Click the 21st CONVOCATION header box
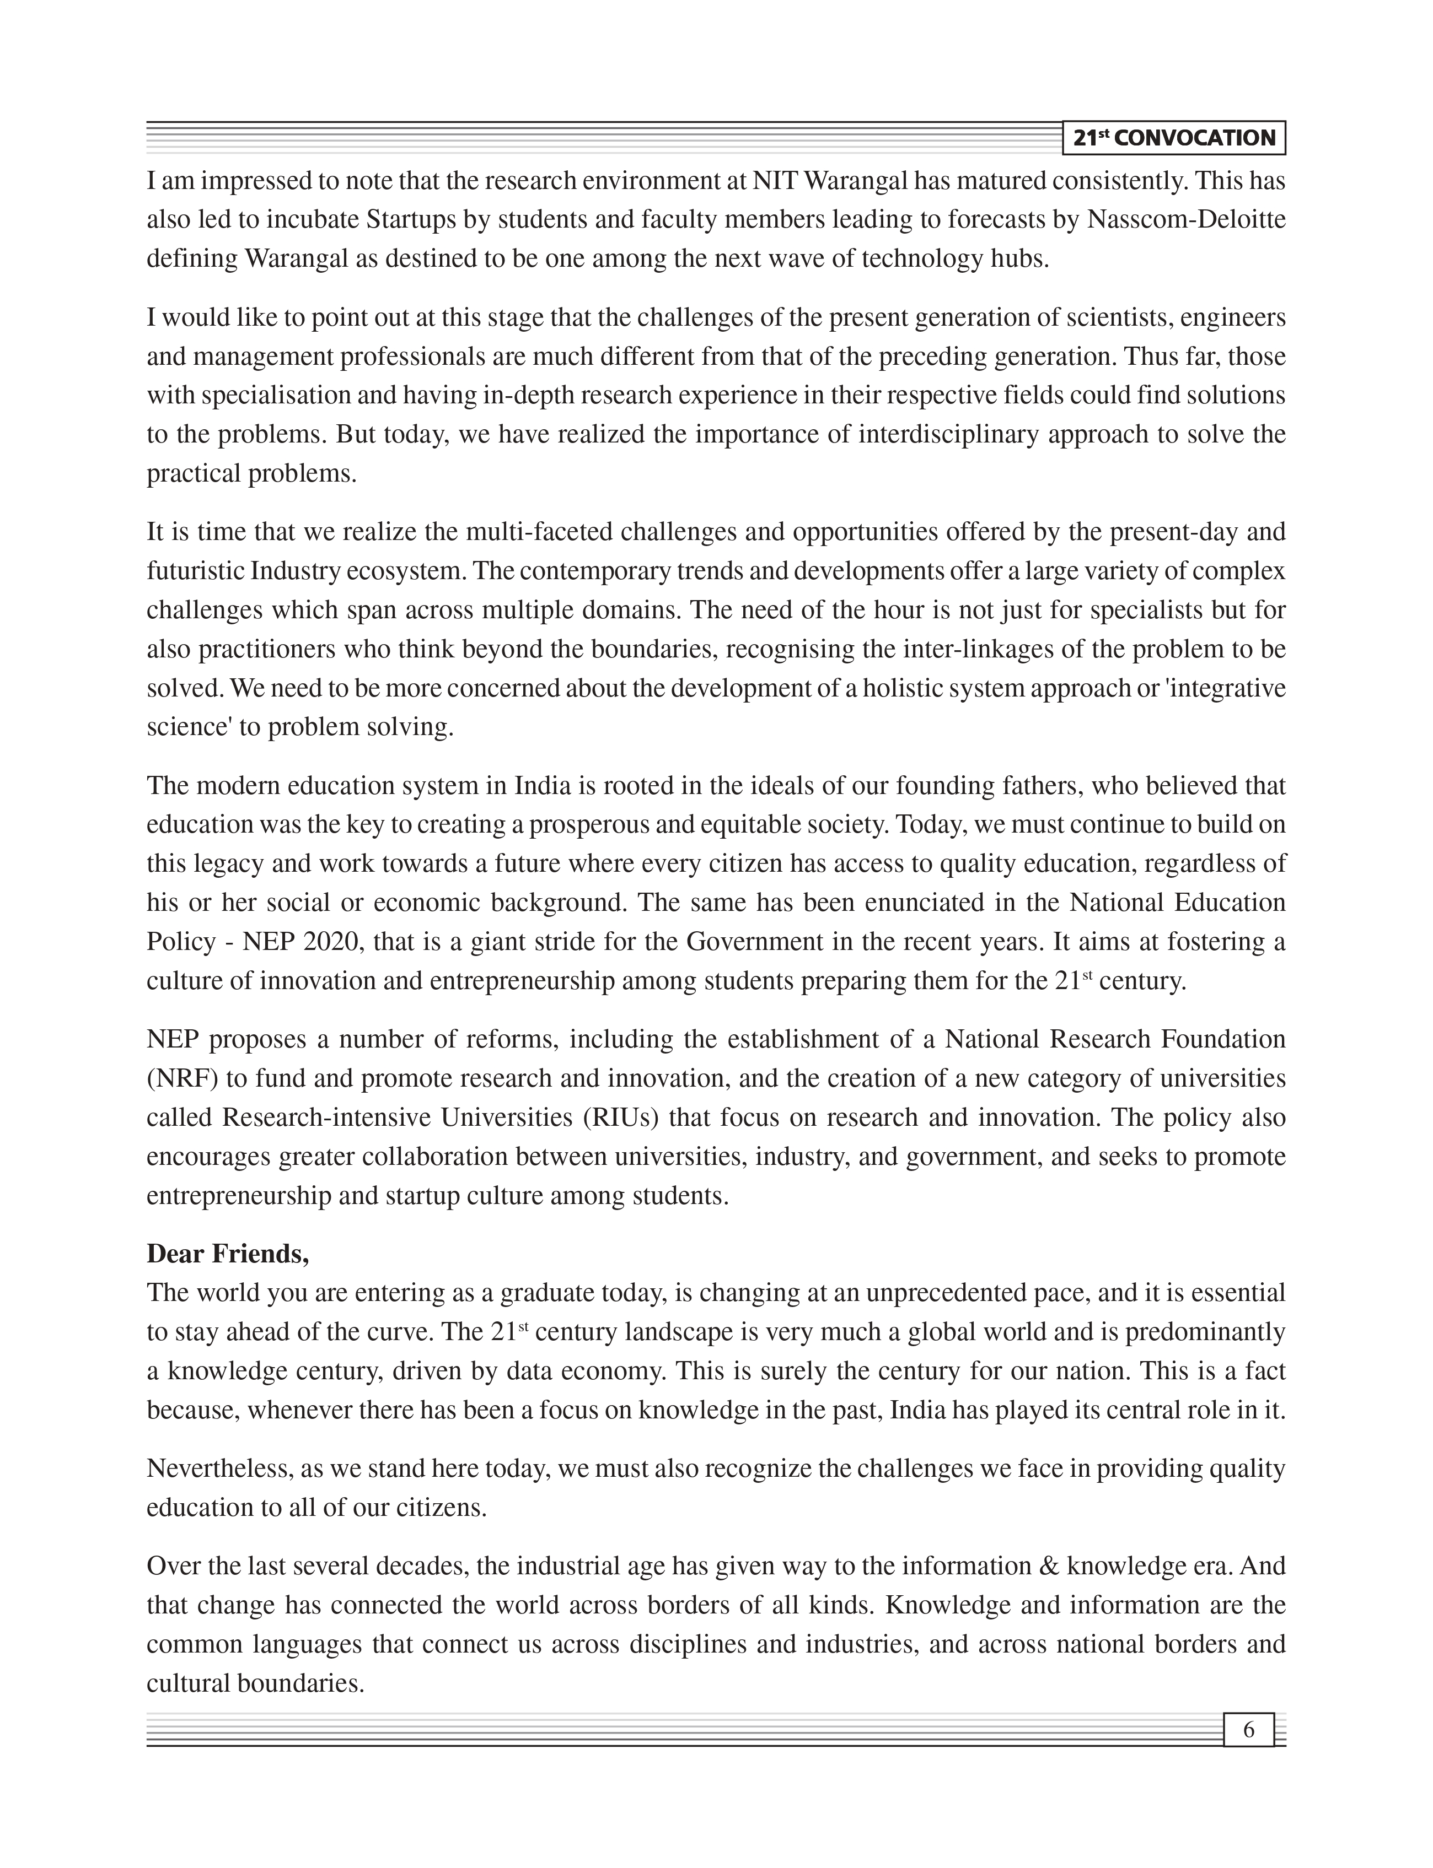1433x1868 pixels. coord(1174,138)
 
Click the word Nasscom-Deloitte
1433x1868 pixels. coord(1187,220)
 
